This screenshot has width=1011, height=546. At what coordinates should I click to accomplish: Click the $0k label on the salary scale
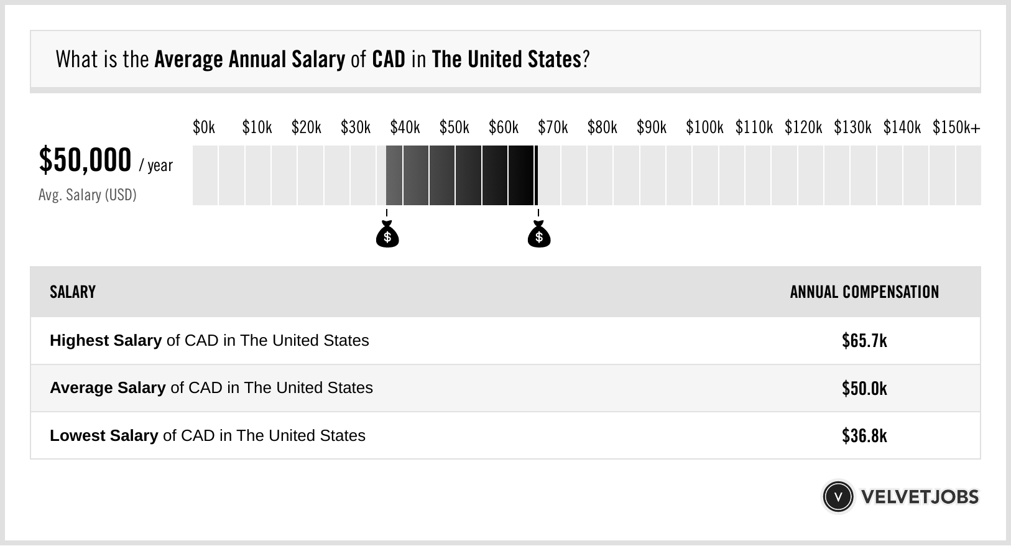pos(204,128)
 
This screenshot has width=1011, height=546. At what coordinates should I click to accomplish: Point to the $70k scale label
pos(553,128)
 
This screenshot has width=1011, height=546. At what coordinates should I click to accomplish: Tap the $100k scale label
pos(704,128)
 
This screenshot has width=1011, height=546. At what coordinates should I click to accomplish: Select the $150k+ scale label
pos(956,128)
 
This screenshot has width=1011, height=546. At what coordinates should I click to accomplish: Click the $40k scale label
pos(405,128)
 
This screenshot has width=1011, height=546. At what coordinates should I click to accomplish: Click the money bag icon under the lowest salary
pos(387,235)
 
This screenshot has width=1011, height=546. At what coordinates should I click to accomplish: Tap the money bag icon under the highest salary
pos(539,235)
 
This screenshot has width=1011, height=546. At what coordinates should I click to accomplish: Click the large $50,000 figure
pos(85,160)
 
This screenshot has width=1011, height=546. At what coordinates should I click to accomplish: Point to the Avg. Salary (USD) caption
pos(88,195)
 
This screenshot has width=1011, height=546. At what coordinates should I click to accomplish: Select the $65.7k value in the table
pos(864,341)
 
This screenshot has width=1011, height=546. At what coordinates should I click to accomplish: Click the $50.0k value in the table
pos(864,389)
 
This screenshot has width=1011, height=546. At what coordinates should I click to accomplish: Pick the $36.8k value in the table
pos(864,436)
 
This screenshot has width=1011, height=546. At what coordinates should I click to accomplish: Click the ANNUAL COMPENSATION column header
pos(864,292)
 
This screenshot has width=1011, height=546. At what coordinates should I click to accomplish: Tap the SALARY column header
pos(73,292)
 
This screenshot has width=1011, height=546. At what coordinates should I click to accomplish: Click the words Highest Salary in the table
pos(106,341)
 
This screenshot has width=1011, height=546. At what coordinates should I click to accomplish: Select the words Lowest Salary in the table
pos(104,436)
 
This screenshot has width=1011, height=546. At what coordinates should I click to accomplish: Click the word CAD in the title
pos(389,60)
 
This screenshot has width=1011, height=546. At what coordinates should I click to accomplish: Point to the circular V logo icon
pos(838,497)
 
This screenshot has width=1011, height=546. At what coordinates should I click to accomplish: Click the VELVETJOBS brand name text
pos(920,497)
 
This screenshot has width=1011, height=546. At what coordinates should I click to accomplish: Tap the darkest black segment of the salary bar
pos(522,175)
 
